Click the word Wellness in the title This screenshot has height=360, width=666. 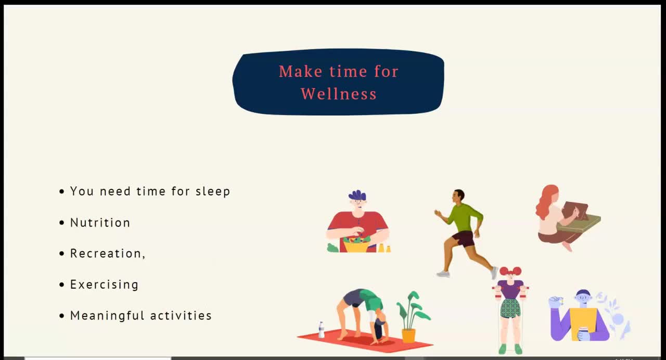click(x=339, y=94)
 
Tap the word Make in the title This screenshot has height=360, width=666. click(x=301, y=72)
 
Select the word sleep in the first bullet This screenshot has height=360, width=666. click(x=213, y=191)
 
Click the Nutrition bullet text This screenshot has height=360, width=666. click(x=100, y=223)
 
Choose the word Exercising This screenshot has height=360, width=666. click(x=105, y=285)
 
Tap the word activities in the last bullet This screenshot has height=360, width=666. click(x=181, y=315)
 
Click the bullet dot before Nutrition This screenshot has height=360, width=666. click(x=62, y=223)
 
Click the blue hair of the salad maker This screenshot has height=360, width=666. click(x=357, y=195)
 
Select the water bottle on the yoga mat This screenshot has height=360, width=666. click(x=322, y=330)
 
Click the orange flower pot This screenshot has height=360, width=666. click(x=408, y=336)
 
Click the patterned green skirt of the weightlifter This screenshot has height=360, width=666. click(x=510, y=308)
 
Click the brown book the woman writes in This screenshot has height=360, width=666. click(x=575, y=211)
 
